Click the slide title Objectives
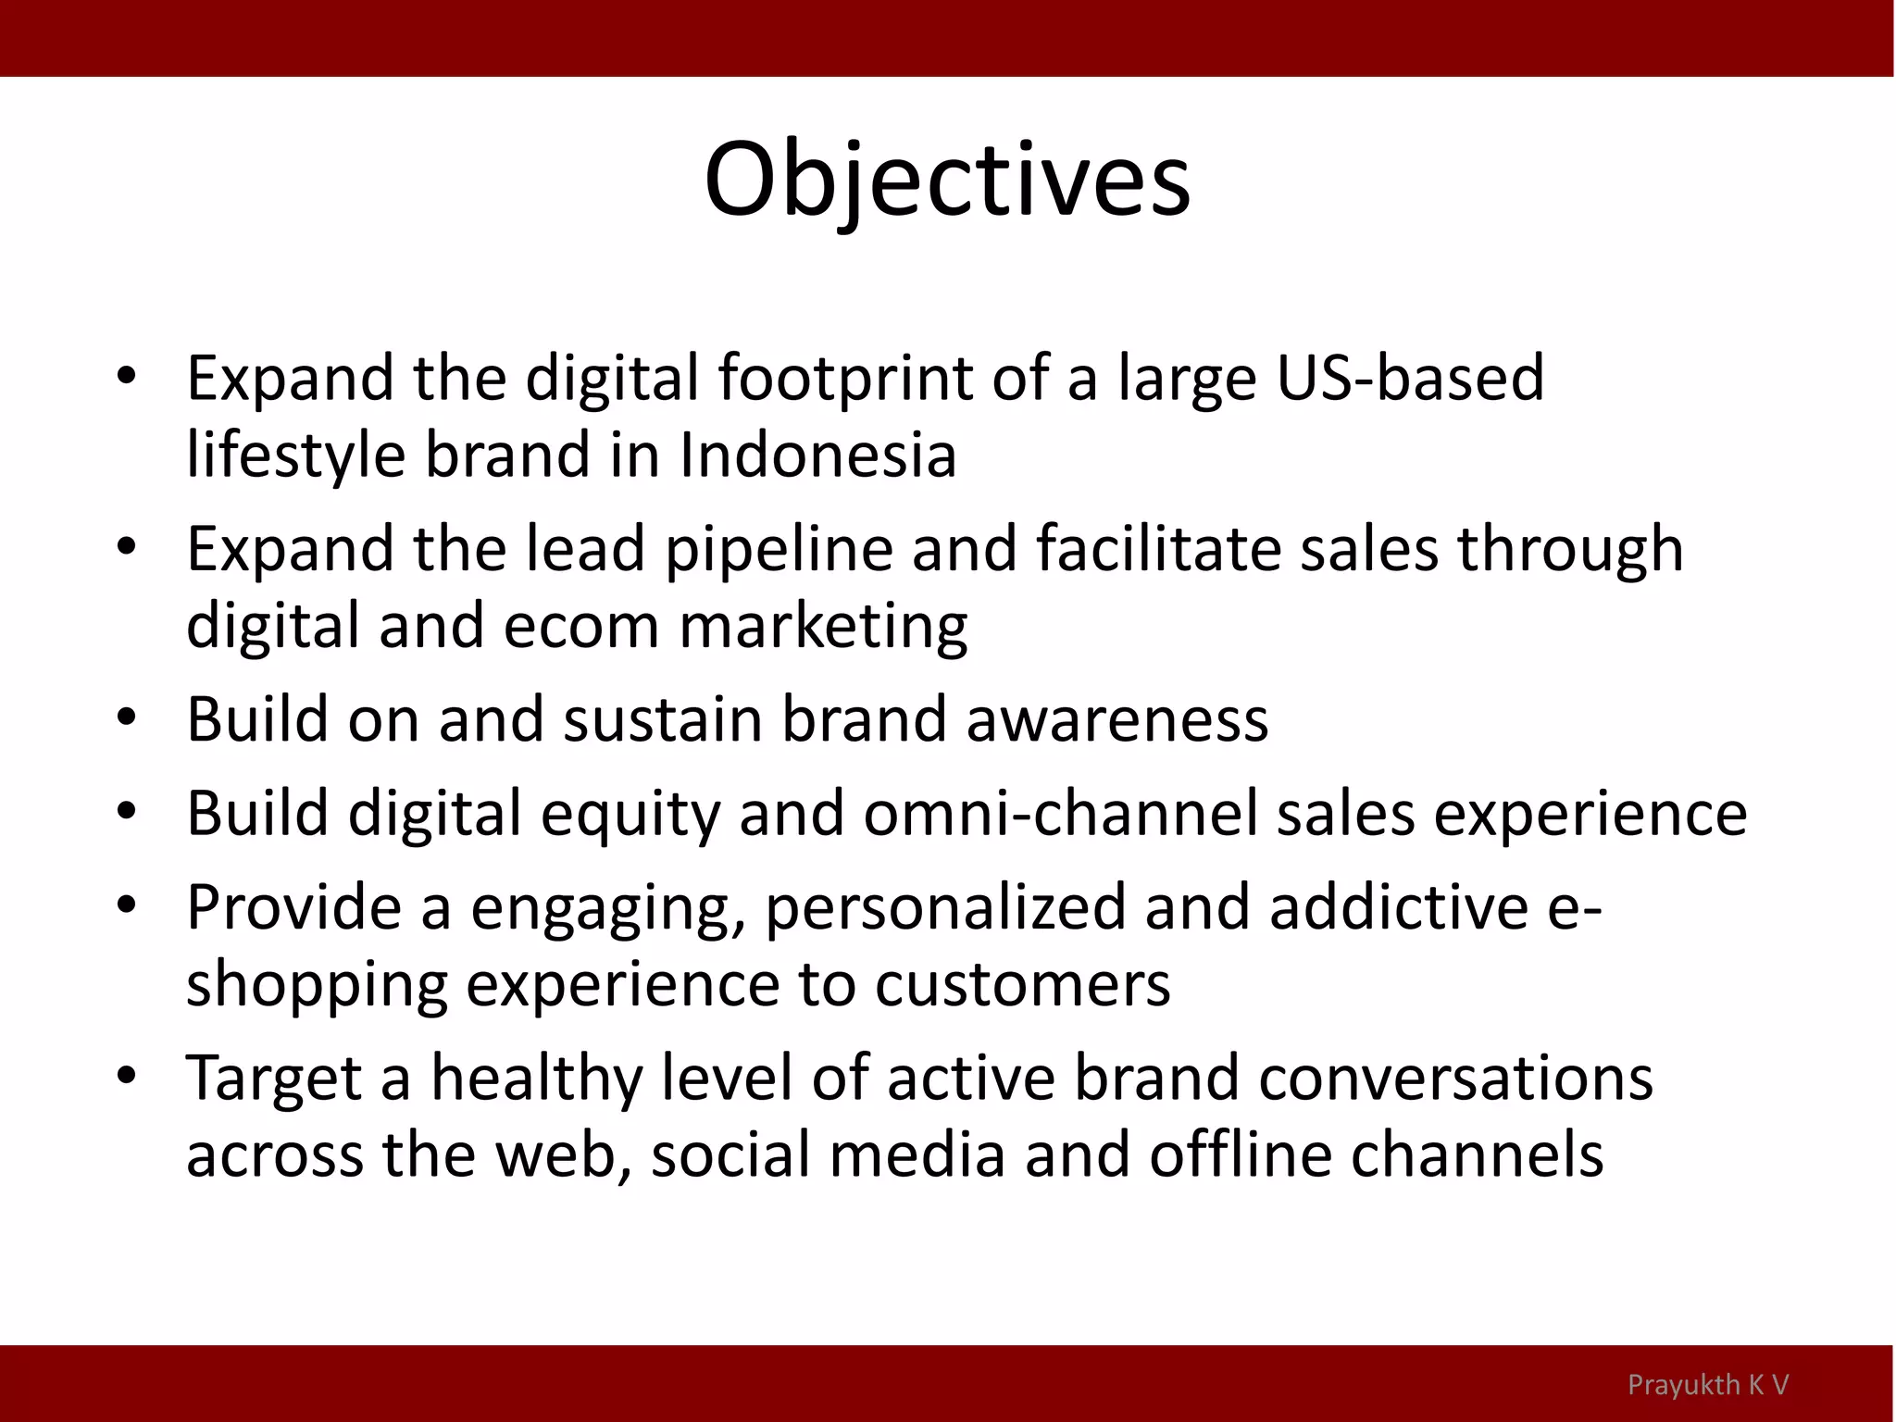tap(947, 181)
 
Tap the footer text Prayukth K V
tap(1707, 1385)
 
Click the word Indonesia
tap(817, 455)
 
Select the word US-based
tap(1410, 378)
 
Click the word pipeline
tap(779, 548)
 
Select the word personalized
tap(944, 907)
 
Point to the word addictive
tap(1398, 907)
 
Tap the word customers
tap(1022, 985)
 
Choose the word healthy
tap(536, 1079)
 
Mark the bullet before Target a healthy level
tap(127, 1076)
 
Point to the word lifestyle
tap(295, 457)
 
